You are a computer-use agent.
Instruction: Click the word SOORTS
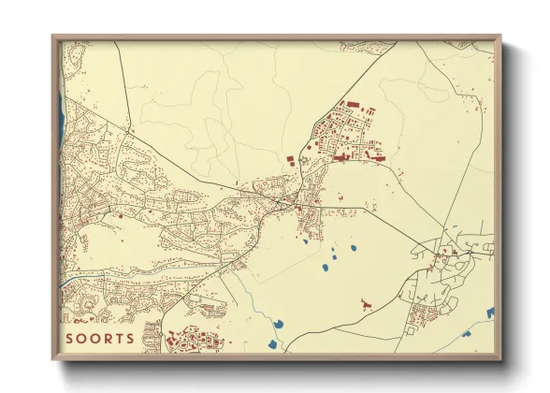99,337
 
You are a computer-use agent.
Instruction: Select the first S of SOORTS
70,337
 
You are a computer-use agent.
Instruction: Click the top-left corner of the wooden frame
52,36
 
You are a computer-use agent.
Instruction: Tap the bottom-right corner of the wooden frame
501,360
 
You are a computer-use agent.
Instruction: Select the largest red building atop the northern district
354,105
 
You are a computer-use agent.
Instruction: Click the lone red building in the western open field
121,216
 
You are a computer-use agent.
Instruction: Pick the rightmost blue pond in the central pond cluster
355,249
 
